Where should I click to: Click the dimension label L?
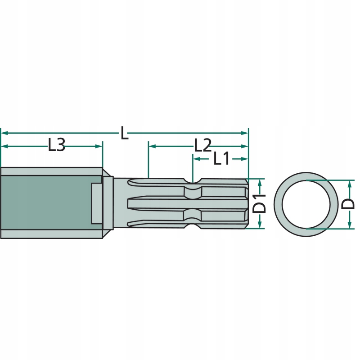click(x=124, y=133)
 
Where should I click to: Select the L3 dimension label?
click(x=57, y=145)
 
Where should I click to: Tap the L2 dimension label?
click(x=203, y=145)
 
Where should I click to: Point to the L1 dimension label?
click(x=221, y=158)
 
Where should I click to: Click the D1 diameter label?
click(x=259, y=203)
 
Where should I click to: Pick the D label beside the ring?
click(x=348, y=204)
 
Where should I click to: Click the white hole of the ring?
click(x=306, y=204)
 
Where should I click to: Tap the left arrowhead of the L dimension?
click(x=4, y=133)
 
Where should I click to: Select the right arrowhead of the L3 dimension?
click(x=99, y=146)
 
